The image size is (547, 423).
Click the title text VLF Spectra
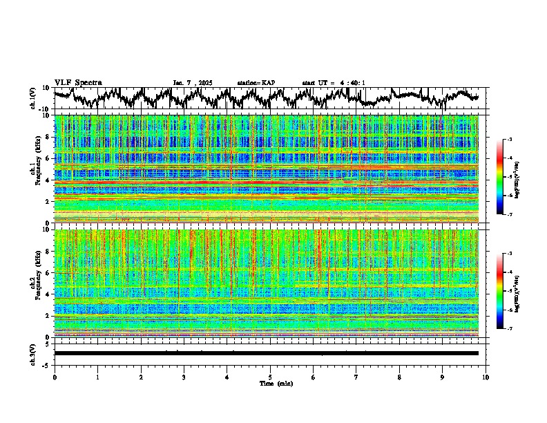(x=77, y=82)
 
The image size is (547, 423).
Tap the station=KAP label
(x=256, y=83)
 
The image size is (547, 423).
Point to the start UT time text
(x=334, y=83)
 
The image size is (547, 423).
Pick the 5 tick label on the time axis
(x=270, y=377)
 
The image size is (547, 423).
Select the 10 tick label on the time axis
(x=486, y=377)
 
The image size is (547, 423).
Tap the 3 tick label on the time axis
(x=184, y=377)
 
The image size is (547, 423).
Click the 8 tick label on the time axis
(x=399, y=377)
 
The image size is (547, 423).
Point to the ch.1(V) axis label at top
(x=33, y=98)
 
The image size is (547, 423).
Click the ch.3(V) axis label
(x=33, y=353)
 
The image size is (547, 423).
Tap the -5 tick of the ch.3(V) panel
(x=46, y=364)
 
